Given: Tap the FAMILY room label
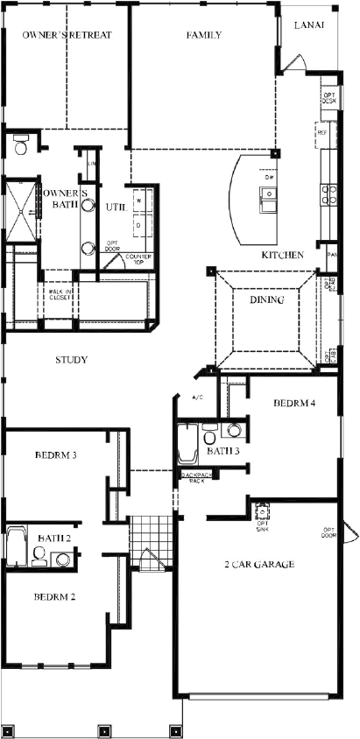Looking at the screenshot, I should click(203, 36).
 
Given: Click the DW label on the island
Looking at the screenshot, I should click(269, 178).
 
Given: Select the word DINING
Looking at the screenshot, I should click(267, 300).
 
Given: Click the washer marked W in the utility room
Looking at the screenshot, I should click(138, 201).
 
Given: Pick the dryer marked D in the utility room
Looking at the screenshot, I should click(138, 223).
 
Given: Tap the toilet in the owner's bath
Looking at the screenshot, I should click(20, 144).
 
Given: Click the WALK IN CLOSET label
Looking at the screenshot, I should click(60, 294).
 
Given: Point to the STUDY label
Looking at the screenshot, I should click(71, 360).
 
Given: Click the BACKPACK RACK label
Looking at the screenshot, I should click(194, 478).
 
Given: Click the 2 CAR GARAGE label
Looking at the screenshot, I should click(258, 564).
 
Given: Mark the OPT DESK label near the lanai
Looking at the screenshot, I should click(328, 98).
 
